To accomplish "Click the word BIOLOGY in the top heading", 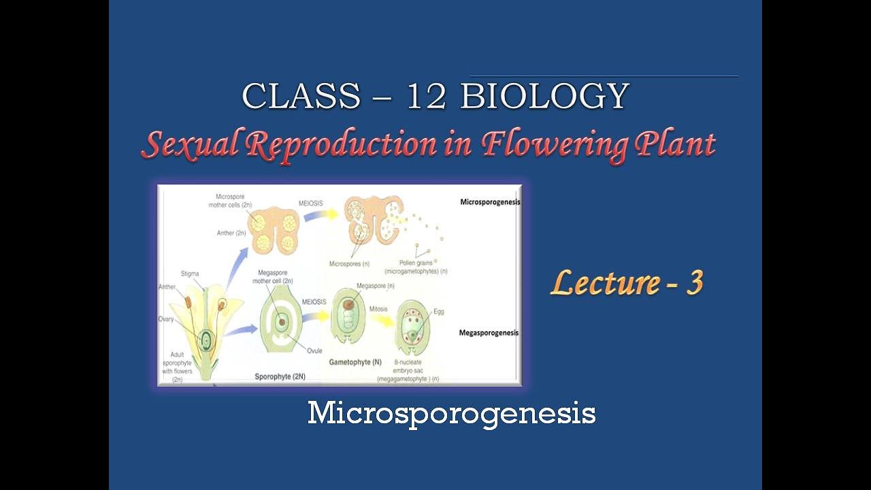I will point(544,97).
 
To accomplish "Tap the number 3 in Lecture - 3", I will point(693,282).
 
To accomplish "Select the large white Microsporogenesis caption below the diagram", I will point(451,413).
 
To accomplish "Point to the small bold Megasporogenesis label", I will point(489,333).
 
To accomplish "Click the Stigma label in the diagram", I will point(191,273).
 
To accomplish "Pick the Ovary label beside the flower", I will point(166,318).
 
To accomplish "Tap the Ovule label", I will point(315,350).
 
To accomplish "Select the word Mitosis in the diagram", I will point(378,309).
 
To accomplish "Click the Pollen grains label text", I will point(411,263).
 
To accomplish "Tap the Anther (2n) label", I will point(231,233).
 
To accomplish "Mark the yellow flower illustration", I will point(202,327).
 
